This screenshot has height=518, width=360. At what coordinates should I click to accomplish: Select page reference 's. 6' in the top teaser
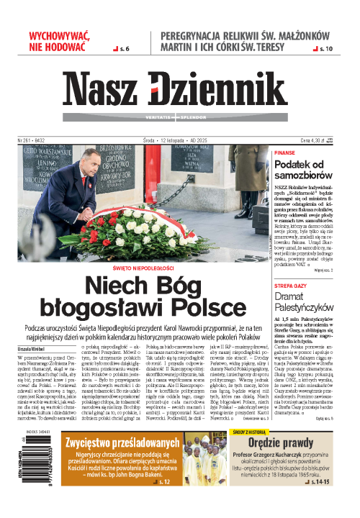point(122,48)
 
